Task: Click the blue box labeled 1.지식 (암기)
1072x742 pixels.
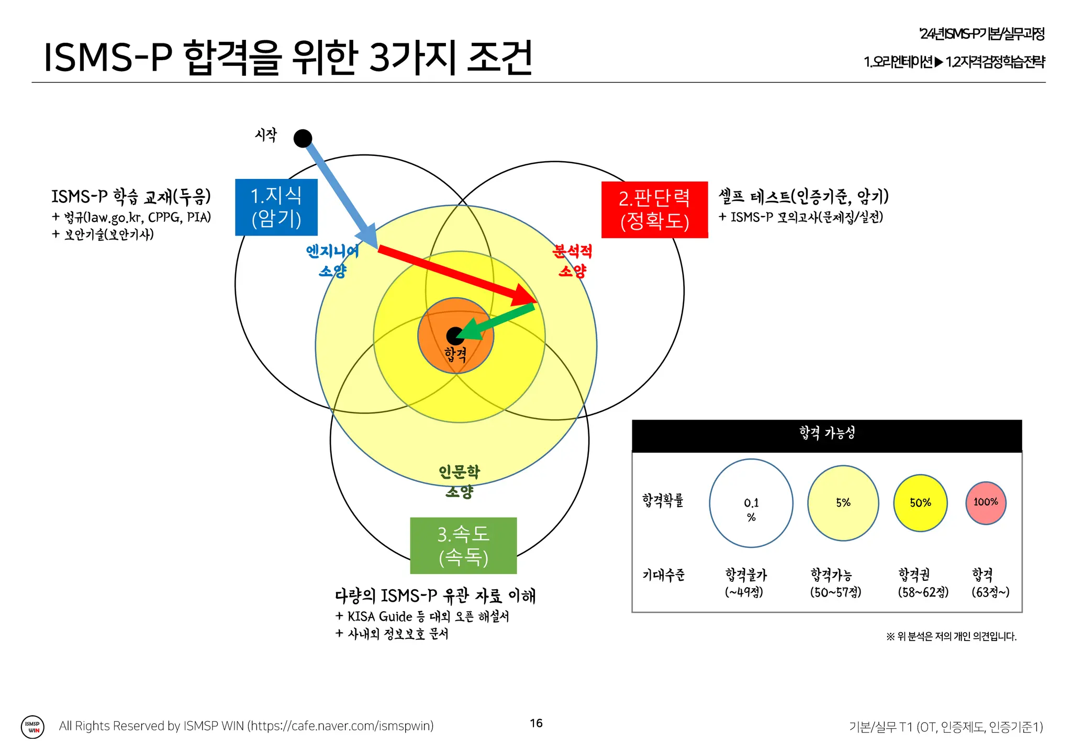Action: pyautogui.click(x=276, y=207)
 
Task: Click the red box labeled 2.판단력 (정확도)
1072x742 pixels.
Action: pyautogui.click(x=654, y=210)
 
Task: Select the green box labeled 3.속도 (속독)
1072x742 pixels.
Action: pyautogui.click(x=463, y=546)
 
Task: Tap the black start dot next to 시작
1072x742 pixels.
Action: pyautogui.click(x=303, y=139)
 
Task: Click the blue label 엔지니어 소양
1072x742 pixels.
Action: pyautogui.click(x=333, y=261)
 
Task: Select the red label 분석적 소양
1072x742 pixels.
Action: pyautogui.click(x=572, y=261)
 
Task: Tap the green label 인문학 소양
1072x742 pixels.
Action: pyautogui.click(x=459, y=481)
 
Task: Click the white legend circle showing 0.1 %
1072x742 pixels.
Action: pyautogui.click(x=751, y=503)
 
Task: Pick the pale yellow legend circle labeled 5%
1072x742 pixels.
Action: pyautogui.click(x=843, y=503)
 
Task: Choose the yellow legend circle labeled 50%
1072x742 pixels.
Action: pyautogui.click(x=920, y=503)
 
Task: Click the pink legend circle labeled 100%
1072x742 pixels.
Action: pyautogui.click(x=986, y=502)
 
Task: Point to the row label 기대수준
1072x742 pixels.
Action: pyautogui.click(x=663, y=575)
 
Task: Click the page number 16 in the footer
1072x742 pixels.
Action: pyautogui.click(x=536, y=723)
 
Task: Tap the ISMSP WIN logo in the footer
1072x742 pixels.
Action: pyautogui.click(x=32, y=727)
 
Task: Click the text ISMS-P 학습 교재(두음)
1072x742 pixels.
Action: pyautogui.click(x=131, y=197)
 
